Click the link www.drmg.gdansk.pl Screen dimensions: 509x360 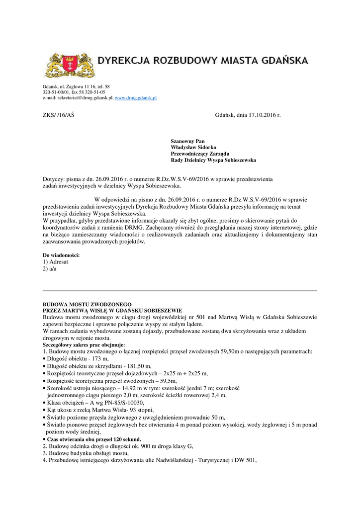tap(136, 98)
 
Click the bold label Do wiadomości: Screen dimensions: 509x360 tap(61, 255)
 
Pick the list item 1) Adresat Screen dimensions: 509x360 tap(56, 261)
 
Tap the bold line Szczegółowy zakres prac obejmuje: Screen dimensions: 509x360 tap(84, 344)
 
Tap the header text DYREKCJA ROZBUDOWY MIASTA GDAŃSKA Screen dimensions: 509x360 tap(202, 62)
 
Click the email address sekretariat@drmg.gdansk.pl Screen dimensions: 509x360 tap(85, 98)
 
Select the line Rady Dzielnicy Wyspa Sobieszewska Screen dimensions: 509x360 tap(213, 161)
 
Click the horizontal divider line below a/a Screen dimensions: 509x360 tap(180, 290)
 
